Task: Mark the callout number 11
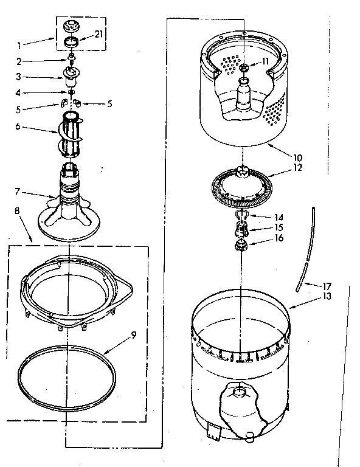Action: coord(265,61)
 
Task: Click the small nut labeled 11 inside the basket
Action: coord(244,69)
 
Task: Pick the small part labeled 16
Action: coord(241,246)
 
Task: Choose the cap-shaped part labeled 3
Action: coord(72,75)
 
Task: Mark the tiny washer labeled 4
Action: coord(72,92)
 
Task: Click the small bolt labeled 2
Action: coord(72,60)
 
